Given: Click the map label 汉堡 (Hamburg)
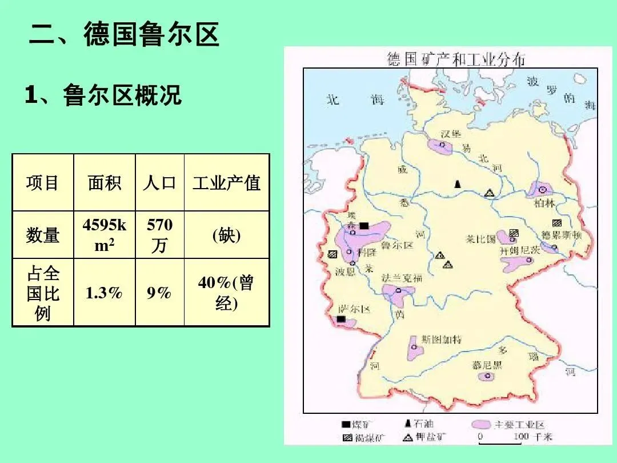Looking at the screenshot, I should pyautogui.click(x=451, y=134).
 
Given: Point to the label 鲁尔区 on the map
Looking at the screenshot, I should pyautogui.click(x=397, y=245).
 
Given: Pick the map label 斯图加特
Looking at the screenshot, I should pyautogui.click(x=442, y=339).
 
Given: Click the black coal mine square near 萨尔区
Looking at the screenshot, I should pyautogui.click(x=342, y=320).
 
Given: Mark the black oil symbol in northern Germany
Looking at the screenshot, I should pyautogui.click(x=457, y=184).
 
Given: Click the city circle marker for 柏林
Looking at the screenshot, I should pyautogui.click(x=542, y=190).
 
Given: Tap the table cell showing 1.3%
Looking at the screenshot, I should pyautogui.click(x=104, y=293).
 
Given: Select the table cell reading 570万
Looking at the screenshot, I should pyautogui.click(x=159, y=236).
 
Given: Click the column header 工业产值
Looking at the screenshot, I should pyautogui.click(x=226, y=183).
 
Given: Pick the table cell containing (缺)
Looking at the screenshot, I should pyautogui.click(x=226, y=236).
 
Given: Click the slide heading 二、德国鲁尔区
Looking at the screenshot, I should pyautogui.click(x=125, y=34).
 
